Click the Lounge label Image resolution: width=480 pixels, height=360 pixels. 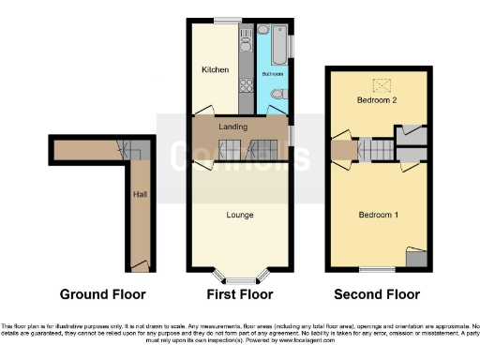pos(240,215)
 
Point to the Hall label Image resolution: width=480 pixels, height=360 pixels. pos(140,194)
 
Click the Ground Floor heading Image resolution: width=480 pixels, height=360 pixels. pos(103,294)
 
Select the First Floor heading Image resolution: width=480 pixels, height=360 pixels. pos(240,294)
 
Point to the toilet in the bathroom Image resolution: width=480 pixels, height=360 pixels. pos(278,94)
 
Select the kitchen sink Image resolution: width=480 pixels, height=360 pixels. pos(246,40)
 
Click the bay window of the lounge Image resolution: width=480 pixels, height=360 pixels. pos(240,277)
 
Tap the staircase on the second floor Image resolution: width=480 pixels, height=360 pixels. pos(374,150)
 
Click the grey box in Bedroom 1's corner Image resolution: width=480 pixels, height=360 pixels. pos(413,256)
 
